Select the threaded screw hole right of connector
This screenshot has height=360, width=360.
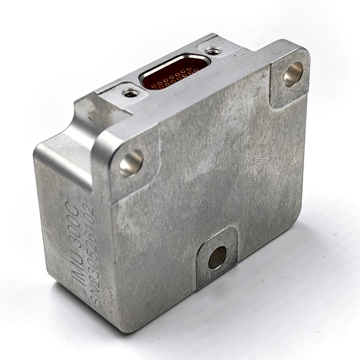point(213,49)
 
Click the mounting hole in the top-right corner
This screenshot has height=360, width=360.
point(293,75)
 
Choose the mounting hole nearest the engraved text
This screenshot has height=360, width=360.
point(131,162)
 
